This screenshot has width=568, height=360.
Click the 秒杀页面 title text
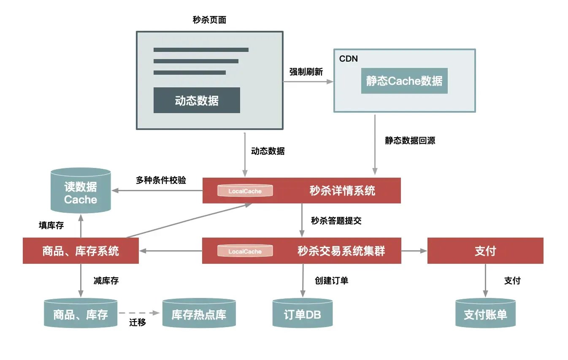pyautogui.click(x=209, y=20)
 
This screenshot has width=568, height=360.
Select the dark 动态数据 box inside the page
pyautogui.click(x=197, y=100)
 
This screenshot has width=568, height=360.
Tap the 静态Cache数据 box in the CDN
pyautogui.click(x=404, y=81)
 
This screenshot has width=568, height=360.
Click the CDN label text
pyautogui.click(x=349, y=59)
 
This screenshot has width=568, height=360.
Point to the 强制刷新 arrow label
pyautogui.click(x=306, y=72)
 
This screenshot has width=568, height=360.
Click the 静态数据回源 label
pyautogui.click(x=410, y=141)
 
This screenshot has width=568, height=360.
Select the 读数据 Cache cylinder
pyautogui.click(x=81, y=191)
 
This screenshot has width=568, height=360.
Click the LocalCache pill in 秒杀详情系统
pyautogui.click(x=245, y=191)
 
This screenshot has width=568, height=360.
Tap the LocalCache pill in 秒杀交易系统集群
pyautogui.click(x=245, y=251)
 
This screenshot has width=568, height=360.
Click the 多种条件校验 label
pyautogui.click(x=161, y=180)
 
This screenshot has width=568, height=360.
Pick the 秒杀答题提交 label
pyautogui.click(x=336, y=220)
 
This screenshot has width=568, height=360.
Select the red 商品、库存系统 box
pyautogui.click(x=81, y=251)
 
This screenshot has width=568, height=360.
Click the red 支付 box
pyautogui.click(x=485, y=251)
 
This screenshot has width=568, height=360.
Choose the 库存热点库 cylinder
pyautogui.click(x=199, y=314)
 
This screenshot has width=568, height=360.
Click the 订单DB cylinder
pyautogui.click(x=302, y=314)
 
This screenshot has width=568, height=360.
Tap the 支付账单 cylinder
pyautogui.click(x=485, y=314)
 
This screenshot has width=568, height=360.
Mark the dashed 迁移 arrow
pyautogui.click(x=139, y=314)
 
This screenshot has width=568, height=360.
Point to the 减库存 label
pyautogui.click(x=106, y=281)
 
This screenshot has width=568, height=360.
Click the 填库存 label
pyautogui.click(x=51, y=225)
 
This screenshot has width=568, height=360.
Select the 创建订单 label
pyautogui.click(x=331, y=281)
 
